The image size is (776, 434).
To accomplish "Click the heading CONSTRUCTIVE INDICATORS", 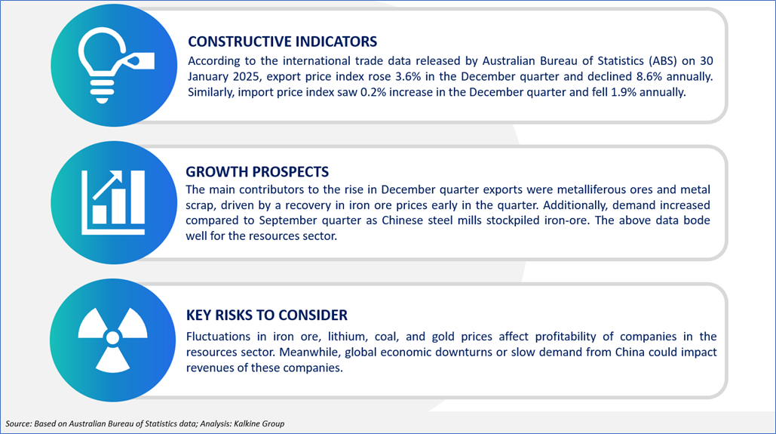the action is tap(282, 42).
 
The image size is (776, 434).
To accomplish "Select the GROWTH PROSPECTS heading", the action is tap(257, 171).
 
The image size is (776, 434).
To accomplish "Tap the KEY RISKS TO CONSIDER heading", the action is tap(267, 315).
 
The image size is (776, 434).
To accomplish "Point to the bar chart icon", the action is tap(113, 202).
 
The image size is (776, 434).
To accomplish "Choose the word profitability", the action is tap(566, 337).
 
